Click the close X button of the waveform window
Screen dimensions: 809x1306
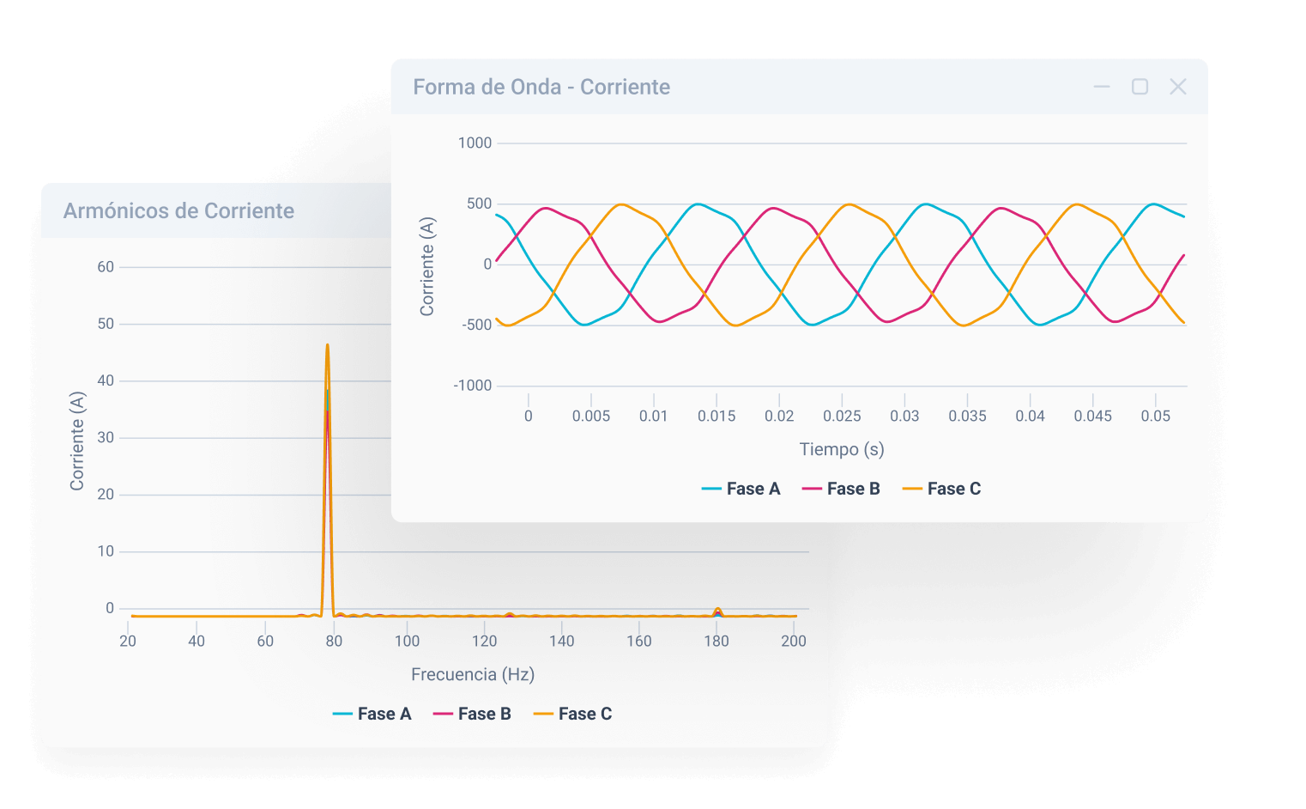pos(1178,87)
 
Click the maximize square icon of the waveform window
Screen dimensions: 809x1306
pos(1140,87)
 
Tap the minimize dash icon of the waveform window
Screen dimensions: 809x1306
pos(1102,87)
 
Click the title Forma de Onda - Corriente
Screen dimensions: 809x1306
pos(541,87)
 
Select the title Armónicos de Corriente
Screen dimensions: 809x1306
pos(178,210)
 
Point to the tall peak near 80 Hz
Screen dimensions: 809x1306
pos(327,348)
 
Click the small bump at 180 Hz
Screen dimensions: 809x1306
pos(717,611)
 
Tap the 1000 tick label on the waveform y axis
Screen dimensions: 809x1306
pos(475,143)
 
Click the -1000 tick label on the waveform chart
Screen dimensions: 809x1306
pos(473,386)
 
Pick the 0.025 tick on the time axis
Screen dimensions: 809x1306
pos(842,416)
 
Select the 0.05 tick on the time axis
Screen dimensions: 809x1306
pos(1155,416)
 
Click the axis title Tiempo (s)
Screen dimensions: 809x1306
pos(841,449)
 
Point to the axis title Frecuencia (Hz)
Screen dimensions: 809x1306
pos(473,674)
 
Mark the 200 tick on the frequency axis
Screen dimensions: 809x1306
pos(793,641)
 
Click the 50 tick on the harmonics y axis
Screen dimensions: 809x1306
pos(106,324)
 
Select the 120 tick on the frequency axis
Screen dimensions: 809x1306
pos(484,641)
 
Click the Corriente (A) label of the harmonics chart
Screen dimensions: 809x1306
pos(77,441)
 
